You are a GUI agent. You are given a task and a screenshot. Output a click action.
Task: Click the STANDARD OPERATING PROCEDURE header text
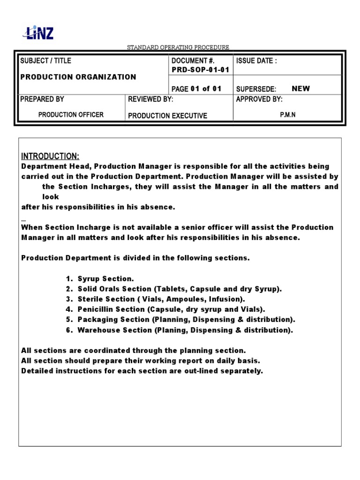coord(179,47)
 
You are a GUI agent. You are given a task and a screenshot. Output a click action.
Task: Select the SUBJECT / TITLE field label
coord(46,61)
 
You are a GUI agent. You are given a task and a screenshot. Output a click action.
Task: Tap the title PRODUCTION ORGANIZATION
coord(78,77)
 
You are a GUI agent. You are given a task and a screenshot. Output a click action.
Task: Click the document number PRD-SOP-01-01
coord(201,70)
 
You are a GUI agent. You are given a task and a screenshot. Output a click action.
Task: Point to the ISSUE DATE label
coord(256,61)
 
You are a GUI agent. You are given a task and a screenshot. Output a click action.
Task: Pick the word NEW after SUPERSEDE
coord(300,89)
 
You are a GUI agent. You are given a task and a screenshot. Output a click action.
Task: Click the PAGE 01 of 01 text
coord(196,89)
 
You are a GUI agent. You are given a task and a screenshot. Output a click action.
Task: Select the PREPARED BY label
coord(42,99)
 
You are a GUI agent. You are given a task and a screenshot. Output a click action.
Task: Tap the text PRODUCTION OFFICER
coord(71,115)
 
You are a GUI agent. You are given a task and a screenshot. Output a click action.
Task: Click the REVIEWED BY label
coord(150,99)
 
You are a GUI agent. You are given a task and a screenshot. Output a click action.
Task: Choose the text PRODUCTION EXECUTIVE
coord(167,116)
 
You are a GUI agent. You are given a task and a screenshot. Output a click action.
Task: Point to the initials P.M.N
coord(288,115)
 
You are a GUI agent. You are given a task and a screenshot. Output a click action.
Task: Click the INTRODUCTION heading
coord(51,156)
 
